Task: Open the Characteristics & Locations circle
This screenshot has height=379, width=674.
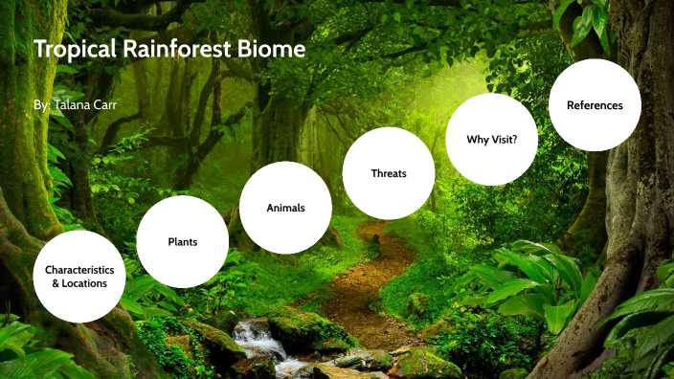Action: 79,277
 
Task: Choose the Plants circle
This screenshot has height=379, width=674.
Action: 182,241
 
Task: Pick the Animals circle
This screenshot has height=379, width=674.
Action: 285,208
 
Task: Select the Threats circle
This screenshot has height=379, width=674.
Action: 389,173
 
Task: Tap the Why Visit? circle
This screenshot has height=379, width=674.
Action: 492,139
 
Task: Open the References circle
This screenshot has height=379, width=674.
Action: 595,105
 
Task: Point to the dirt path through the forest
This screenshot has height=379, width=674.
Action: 369,287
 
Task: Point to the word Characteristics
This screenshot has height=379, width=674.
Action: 79,270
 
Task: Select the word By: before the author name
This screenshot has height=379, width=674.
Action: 42,102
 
